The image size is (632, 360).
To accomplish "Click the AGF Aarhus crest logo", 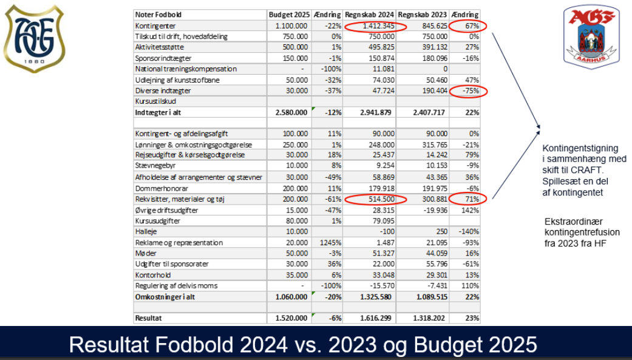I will point(591,37).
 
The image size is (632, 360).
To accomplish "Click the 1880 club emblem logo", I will point(33,37).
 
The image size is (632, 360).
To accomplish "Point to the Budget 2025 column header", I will point(288,15).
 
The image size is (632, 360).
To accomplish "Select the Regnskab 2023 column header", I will point(423,15).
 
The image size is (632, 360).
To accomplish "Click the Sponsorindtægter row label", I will point(163,58).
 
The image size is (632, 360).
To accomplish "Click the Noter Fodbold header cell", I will point(159,15).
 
